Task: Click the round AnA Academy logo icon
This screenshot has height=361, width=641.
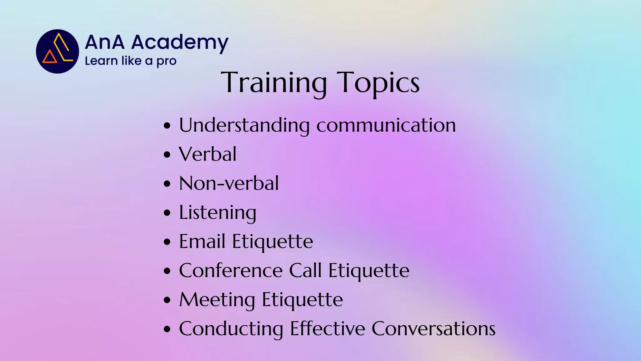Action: click(x=58, y=51)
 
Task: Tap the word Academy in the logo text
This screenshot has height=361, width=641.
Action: click(x=180, y=43)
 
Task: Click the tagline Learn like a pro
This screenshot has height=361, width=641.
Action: click(x=131, y=61)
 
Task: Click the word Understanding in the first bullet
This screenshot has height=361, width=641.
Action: click(x=244, y=125)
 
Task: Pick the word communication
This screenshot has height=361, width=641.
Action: click(x=386, y=125)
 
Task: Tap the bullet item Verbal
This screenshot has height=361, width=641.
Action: click(x=208, y=154)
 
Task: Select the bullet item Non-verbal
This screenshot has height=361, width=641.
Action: click(x=229, y=183)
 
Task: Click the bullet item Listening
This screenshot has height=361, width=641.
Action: click(x=218, y=213)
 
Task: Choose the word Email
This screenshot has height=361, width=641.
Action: click(x=202, y=242)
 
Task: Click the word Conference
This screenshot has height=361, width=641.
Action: click(x=231, y=270)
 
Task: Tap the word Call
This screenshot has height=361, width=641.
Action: click(x=305, y=270)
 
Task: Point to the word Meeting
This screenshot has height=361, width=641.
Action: click(x=217, y=300)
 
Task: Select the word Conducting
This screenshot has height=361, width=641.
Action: click(x=231, y=329)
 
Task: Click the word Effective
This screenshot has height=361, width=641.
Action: click(x=327, y=329)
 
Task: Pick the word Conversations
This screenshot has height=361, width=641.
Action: click(x=433, y=329)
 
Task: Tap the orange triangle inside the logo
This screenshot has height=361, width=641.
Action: click(x=49, y=57)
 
